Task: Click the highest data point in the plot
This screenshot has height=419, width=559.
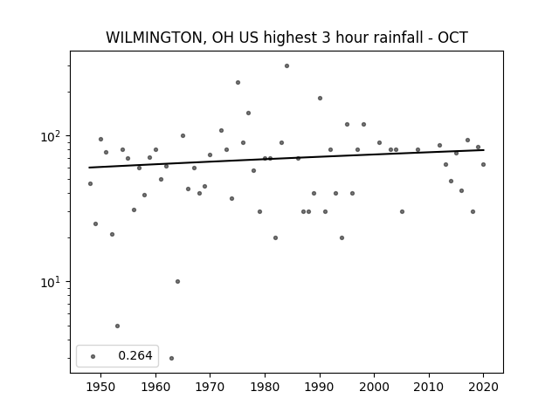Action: point(287,66)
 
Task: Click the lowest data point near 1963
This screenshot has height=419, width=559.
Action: point(171,358)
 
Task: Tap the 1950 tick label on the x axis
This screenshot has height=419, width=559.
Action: point(101,387)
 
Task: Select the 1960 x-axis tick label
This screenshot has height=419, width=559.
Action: point(155,387)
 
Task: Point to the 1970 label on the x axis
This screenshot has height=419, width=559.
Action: point(210,387)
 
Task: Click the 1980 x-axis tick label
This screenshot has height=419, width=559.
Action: point(265,387)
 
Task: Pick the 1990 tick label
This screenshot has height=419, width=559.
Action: point(320,387)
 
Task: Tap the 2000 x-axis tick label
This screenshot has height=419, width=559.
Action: point(375,387)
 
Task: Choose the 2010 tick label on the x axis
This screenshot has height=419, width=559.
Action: point(429,387)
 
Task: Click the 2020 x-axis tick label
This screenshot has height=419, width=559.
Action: point(483,387)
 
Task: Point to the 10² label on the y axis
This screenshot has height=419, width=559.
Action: point(52,136)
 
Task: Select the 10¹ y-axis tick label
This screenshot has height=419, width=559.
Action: point(52,282)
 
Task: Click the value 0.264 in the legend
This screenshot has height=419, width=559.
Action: point(135,355)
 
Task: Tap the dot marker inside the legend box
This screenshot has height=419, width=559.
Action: point(93,356)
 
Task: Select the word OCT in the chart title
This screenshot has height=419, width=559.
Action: point(452,38)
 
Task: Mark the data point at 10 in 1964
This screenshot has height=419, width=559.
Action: point(177,281)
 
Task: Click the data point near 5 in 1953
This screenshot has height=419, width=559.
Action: point(117,326)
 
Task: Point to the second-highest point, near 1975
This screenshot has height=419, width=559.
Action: point(238,82)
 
